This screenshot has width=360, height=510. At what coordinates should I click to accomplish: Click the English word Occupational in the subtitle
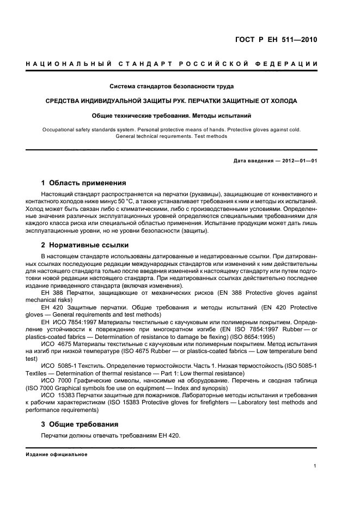pos(61,130)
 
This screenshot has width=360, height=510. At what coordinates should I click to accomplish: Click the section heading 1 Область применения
pos(84,183)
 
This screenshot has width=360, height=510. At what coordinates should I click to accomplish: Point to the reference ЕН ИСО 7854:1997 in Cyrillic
pos(66,321)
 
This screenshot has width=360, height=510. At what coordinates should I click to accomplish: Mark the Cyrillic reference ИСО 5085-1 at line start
pos(58,365)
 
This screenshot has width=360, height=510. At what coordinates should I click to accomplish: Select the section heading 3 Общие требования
pos(80,424)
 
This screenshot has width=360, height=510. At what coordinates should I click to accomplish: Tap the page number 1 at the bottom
pos(315,466)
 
